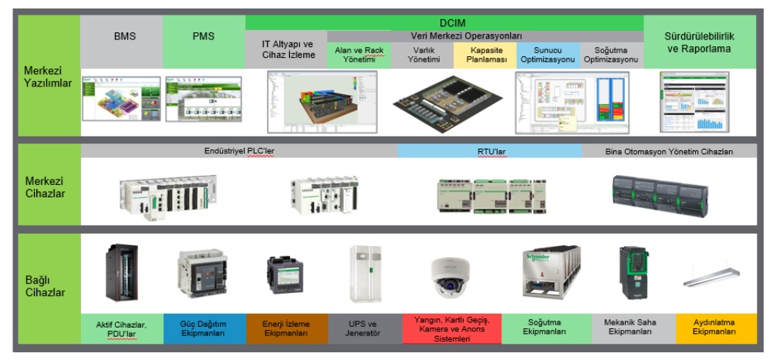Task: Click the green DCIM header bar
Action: [444, 23]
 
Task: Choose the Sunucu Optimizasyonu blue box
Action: [546, 54]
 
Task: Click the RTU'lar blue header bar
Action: [490, 152]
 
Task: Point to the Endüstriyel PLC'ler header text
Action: [239, 152]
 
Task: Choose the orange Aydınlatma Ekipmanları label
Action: [716, 328]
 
